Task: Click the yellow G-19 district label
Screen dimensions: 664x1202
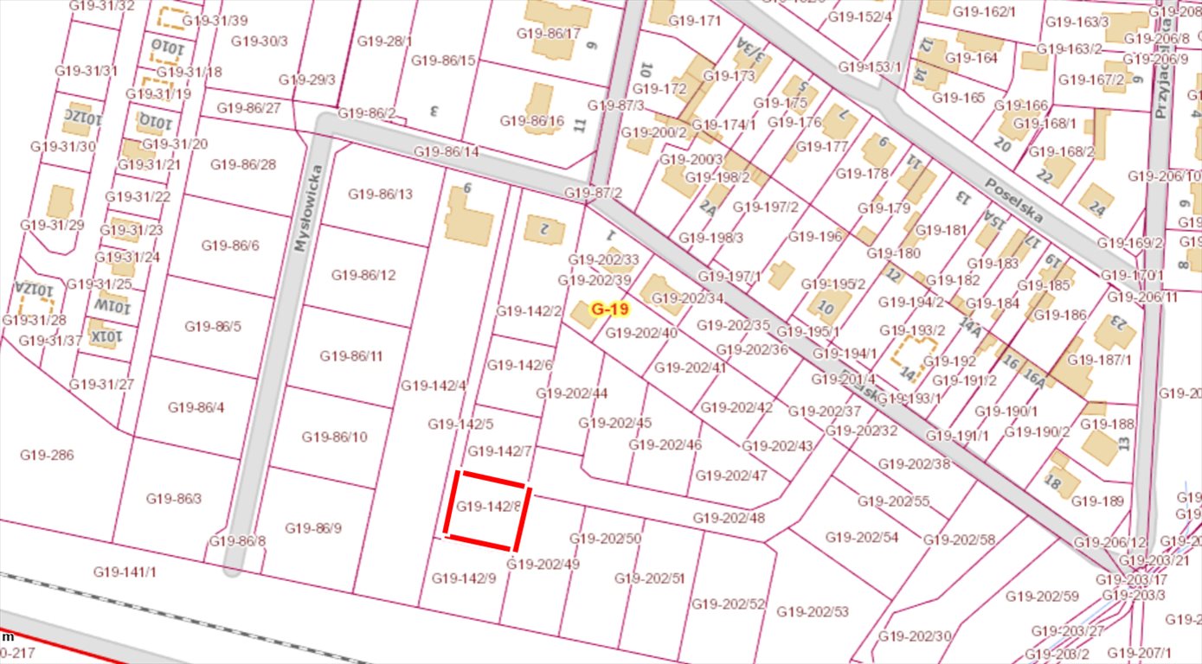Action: pos(609,308)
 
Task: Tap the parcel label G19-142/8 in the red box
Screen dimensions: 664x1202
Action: pos(488,506)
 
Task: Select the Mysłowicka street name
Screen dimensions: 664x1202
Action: pos(300,221)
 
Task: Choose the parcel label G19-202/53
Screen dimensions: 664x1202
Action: pos(813,612)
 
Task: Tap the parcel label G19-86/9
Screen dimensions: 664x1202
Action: pos(313,527)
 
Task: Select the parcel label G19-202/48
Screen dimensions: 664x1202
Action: pos(729,518)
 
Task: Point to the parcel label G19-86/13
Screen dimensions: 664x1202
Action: pos(381,194)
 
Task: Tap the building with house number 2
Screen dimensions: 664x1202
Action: pos(544,229)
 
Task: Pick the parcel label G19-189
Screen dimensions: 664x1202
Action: pos(1097,501)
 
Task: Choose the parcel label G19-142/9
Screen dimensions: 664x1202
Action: pos(464,578)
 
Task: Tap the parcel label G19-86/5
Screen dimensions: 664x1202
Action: pos(213,326)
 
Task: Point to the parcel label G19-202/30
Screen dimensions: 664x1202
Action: pos(915,635)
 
